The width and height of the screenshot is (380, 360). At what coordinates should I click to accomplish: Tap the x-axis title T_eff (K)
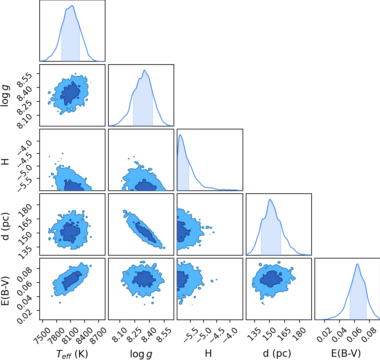[72, 354]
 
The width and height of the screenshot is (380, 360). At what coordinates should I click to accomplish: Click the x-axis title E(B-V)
[346, 353]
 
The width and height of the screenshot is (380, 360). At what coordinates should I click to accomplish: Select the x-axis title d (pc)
[277, 353]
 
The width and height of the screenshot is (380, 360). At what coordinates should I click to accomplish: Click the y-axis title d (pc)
[6, 226]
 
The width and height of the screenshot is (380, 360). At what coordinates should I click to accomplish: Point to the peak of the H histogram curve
[180, 135]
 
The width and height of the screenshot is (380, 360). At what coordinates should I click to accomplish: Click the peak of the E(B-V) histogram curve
[357, 264]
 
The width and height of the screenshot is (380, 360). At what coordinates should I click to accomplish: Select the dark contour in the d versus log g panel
[145, 232]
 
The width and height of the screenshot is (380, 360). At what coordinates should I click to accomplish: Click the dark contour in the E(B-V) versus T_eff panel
[72, 280]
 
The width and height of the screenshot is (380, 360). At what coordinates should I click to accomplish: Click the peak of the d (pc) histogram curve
[270, 199]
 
